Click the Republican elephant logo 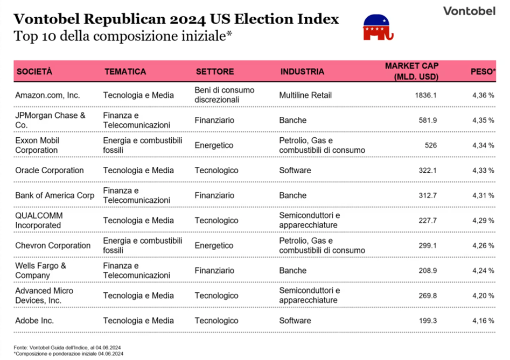point(378,27)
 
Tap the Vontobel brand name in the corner point(470,11)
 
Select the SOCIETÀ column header point(34,72)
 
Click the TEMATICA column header point(125,72)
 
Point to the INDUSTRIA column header point(302,72)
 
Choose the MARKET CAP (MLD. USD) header point(412,71)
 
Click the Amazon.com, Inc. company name point(47,95)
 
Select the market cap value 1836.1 point(426,95)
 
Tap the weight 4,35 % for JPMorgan point(483,120)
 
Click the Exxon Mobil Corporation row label point(37,145)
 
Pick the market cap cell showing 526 point(431,145)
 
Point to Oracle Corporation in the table point(50,170)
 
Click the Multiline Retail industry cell point(305,95)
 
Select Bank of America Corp point(54,195)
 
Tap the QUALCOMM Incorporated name point(39,220)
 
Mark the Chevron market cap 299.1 point(428,245)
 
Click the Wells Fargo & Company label point(40,270)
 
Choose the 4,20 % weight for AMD point(483,295)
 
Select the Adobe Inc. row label point(34,320)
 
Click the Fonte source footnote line point(67,347)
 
